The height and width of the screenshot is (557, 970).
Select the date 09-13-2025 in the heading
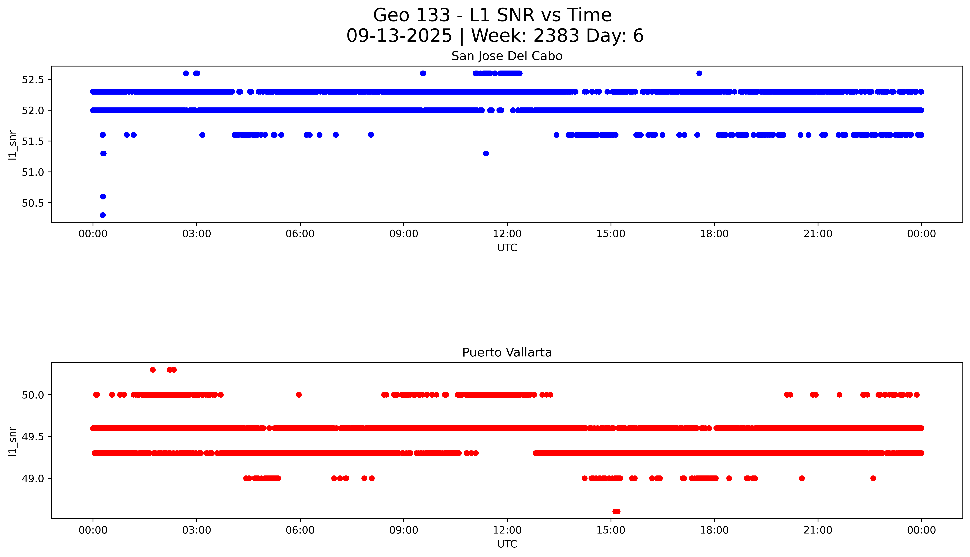click(399, 36)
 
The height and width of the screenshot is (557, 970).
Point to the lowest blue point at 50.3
click(103, 215)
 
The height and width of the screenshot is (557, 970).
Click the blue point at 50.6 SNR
click(103, 197)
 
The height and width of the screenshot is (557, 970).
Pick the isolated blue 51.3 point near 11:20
click(486, 153)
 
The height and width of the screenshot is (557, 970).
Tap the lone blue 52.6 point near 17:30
click(699, 73)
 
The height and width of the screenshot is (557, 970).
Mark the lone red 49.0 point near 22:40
click(873, 478)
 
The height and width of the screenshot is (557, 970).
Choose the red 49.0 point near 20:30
click(802, 478)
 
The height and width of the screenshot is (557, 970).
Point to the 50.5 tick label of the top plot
click(33, 203)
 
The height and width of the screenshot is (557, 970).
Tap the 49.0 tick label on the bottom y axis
click(33, 478)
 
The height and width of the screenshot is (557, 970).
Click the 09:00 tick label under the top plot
click(404, 234)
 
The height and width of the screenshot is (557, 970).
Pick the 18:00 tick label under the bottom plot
click(714, 530)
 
